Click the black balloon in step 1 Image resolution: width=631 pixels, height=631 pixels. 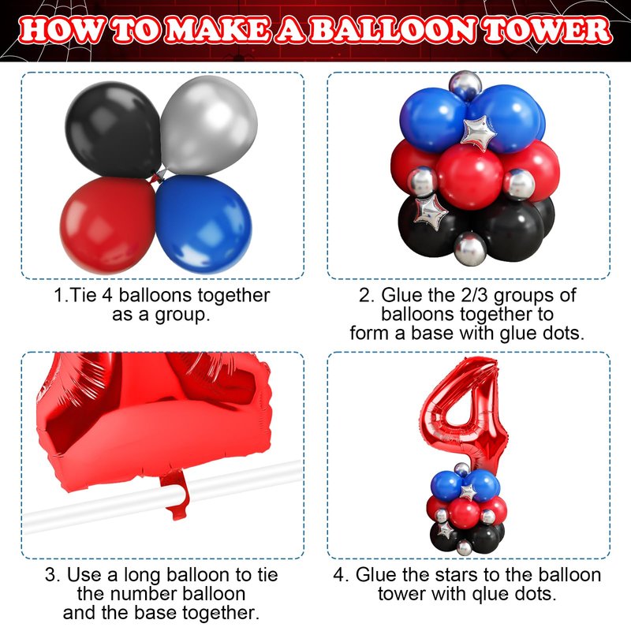(x=113, y=129)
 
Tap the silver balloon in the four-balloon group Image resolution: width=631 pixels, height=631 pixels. (x=209, y=125)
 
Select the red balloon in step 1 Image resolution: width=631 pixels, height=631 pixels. (x=107, y=226)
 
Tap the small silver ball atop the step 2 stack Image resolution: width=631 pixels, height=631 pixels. (x=465, y=85)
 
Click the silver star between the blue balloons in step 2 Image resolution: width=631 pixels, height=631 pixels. (x=479, y=133)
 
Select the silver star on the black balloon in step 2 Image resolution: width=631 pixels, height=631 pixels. (x=430, y=211)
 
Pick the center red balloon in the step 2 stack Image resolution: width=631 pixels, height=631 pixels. (x=469, y=177)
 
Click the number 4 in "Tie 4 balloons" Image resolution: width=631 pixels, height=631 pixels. (x=106, y=295)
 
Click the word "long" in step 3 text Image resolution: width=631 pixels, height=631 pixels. (x=142, y=576)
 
